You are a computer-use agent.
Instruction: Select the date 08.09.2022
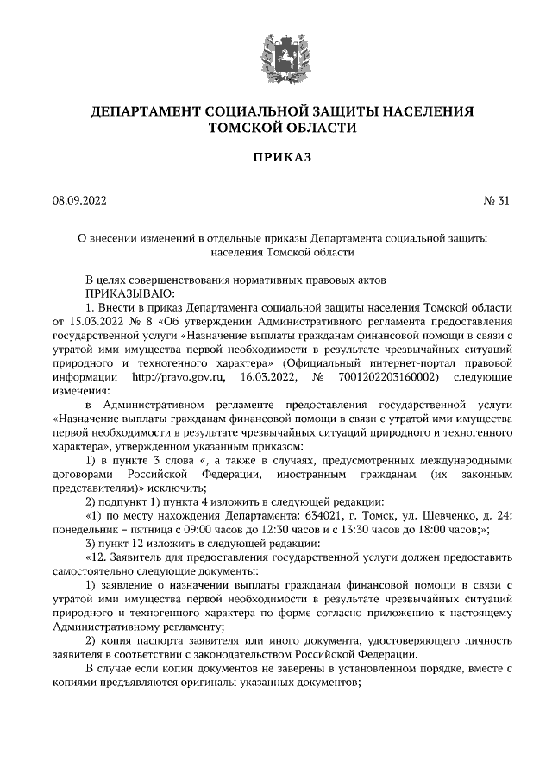coord(78,201)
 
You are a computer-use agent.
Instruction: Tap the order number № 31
coord(499,201)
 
